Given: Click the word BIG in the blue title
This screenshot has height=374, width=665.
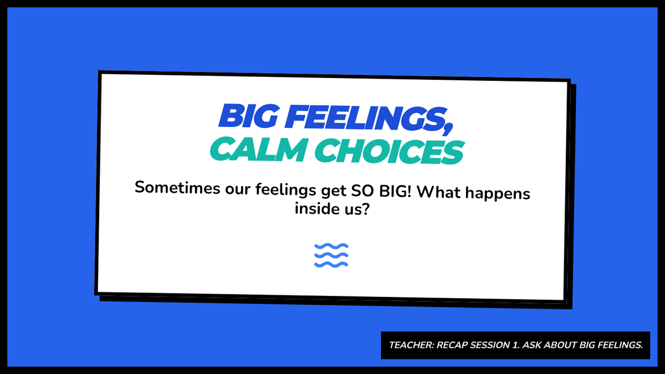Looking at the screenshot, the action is click(x=248, y=116).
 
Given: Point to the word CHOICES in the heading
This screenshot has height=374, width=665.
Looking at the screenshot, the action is click(x=389, y=151).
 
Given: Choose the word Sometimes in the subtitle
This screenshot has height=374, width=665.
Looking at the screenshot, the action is click(x=177, y=188).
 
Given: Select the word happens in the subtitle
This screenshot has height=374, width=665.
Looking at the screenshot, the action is click(x=498, y=193).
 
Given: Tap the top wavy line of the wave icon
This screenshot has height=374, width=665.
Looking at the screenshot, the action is click(x=331, y=246).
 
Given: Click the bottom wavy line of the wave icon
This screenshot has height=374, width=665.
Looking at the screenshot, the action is click(x=331, y=264).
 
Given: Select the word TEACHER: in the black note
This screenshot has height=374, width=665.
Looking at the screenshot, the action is click(x=411, y=345).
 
